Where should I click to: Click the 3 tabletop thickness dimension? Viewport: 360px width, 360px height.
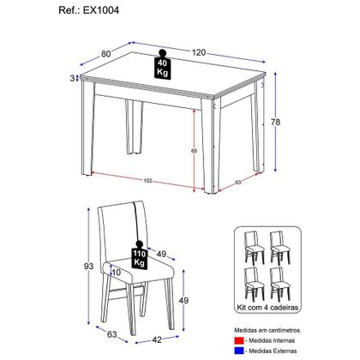(x=73, y=79)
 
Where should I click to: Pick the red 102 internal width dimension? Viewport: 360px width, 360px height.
(x=147, y=181)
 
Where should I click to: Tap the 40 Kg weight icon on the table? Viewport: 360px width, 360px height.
(x=162, y=68)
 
